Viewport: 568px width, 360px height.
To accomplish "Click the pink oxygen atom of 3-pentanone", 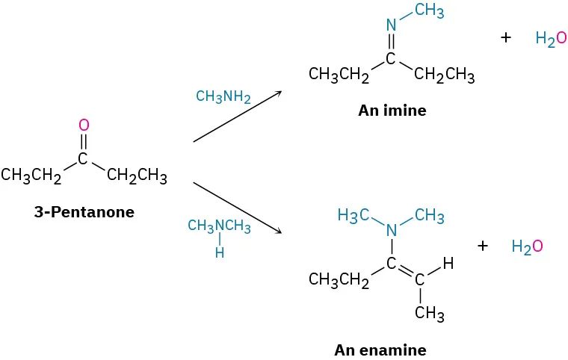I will point(84,125).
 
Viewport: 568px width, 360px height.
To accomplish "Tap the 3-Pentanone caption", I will point(84,212).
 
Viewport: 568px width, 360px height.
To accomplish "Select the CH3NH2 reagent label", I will point(223,97).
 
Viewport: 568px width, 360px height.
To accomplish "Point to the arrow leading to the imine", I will point(237,116).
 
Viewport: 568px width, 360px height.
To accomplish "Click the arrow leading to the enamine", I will point(237,207).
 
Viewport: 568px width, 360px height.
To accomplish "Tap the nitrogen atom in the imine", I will point(391,25).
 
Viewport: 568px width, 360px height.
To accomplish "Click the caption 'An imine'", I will point(392,111).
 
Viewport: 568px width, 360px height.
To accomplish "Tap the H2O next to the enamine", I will point(527,246).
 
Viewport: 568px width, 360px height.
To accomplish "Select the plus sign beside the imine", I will point(506,37).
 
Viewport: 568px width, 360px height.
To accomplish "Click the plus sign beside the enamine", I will point(482,245).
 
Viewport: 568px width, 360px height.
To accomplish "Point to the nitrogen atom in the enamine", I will point(391,231).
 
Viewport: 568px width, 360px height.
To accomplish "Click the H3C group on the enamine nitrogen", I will point(354,217).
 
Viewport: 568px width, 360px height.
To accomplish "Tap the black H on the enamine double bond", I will point(448,264).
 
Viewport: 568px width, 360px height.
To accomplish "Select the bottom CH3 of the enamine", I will point(429,314).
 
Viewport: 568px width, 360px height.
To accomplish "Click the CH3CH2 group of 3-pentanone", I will point(31,176).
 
